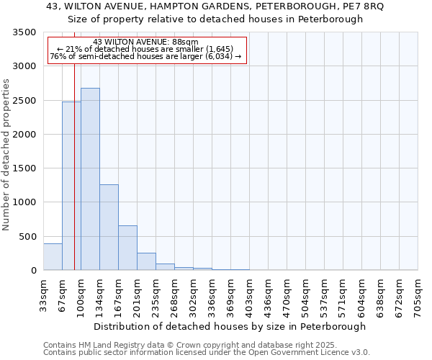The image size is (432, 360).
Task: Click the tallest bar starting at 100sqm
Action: [90, 179]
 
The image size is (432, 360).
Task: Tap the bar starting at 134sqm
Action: [109, 228]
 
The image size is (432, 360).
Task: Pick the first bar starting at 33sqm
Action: [53, 257]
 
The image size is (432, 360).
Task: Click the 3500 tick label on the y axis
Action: [24, 32]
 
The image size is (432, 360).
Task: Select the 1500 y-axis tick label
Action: [24, 168]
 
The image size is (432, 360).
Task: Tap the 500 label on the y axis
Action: [27, 236]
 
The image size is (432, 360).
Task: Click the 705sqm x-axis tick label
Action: [418, 295]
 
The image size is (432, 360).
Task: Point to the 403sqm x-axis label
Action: [249, 295]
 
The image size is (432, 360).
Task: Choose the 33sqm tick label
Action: [43, 295]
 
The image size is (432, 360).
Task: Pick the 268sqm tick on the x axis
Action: [174, 295]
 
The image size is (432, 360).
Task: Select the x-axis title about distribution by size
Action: [230, 326]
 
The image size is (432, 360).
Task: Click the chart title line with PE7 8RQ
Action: [215, 6]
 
